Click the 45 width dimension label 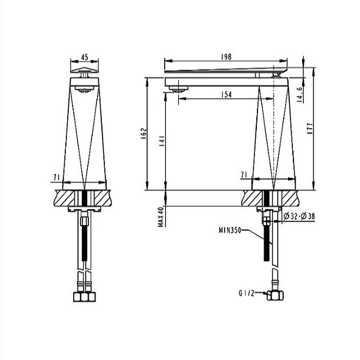(84, 57)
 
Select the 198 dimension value (226, 57)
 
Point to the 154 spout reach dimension (226, 95)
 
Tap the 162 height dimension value (143, 134)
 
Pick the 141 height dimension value (162, 141)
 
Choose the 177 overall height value (310, 129)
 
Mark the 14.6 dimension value (300, 95)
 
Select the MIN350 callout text (230, 230)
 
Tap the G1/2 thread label (247, 293)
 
